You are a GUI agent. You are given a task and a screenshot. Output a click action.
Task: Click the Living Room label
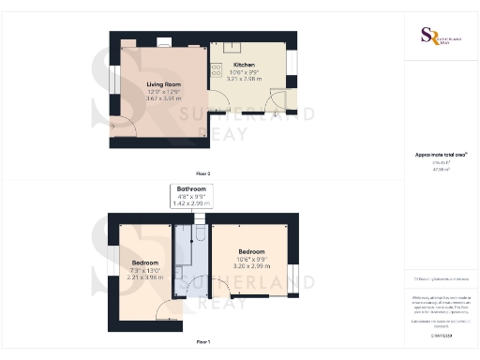pos(163,84)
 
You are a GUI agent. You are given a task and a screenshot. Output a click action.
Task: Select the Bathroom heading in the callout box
pos(190,188)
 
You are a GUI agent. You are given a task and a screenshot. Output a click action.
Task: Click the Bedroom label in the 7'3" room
pos(145,262)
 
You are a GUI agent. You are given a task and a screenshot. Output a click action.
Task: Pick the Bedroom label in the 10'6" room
pos(250,252)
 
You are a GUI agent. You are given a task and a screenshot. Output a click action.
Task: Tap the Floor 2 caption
pos(202,173)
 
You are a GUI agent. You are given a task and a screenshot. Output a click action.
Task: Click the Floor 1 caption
pos(202,342)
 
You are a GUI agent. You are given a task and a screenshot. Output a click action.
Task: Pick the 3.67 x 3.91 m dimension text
pos(163,97)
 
